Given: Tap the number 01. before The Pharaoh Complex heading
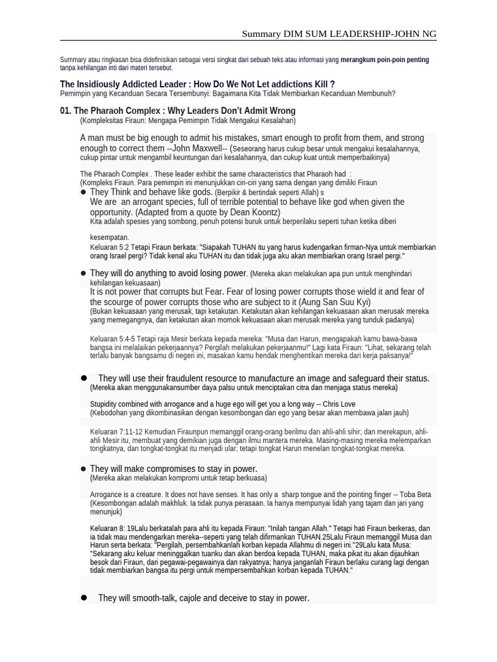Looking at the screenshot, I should click(65, 111).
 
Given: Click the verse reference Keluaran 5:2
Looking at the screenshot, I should click(109, 247).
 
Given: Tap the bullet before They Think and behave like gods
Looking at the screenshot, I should click(83, 192).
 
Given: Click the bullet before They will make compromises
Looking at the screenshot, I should click(83, 469).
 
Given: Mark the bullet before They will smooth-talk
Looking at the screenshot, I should click(83, 598).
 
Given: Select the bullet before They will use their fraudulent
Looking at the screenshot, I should click(83, 378).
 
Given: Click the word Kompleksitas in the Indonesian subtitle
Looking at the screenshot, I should click(104, 120).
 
